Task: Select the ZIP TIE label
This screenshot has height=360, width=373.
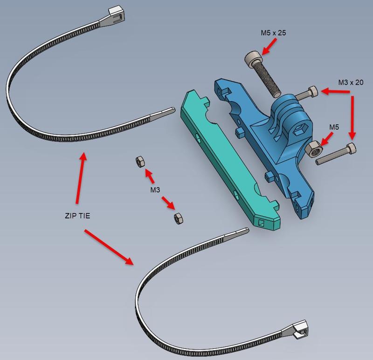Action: pos(77,216)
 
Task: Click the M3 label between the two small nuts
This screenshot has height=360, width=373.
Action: pos(155,190)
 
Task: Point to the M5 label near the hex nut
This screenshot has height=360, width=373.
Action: pos(334,127)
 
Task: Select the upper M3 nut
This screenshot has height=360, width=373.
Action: pos(139,162)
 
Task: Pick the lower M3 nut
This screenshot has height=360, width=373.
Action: pos(178,217)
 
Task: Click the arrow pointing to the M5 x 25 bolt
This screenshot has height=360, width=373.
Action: pos(269,47)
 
